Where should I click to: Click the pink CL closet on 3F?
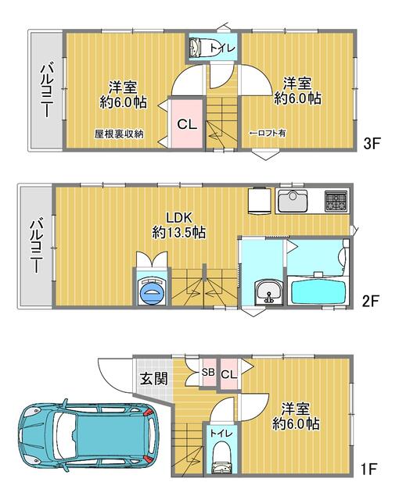coord(185,124)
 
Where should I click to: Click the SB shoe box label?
coord(208,373)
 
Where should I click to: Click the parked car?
coord(84,437)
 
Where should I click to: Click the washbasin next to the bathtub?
coord(267,292)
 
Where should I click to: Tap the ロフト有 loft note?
coord(267,134)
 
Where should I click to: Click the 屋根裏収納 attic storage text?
coord(119,134)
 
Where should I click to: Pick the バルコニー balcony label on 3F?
coord(45,91)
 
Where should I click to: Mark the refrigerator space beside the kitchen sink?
coord(259,200)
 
